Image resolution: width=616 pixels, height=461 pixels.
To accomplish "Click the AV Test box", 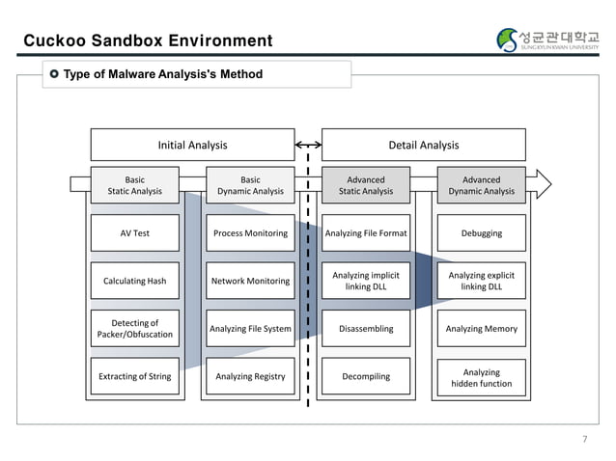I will click(134, 233).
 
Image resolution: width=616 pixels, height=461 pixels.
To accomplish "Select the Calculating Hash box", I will click(134, 281).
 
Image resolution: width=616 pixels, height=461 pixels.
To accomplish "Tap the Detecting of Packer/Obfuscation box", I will click(134, 329).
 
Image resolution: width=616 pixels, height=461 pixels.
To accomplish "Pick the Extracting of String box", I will click(134, 376).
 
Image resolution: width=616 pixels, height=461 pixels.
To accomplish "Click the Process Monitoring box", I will click(250, 233).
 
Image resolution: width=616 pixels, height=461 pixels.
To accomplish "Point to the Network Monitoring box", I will click(250, 281).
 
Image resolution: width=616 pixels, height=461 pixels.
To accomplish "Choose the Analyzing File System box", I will click(250, 329).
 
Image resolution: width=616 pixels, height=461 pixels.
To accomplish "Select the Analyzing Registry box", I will click(250, 376).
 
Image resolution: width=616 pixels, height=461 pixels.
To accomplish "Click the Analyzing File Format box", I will click(366, 233).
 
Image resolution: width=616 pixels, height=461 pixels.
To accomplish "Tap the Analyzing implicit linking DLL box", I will click(366, 281).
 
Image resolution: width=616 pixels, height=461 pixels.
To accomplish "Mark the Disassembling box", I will click(366, 329).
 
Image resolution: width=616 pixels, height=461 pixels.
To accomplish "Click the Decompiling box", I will click(366, 376).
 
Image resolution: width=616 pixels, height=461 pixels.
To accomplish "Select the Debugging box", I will click(481, 233).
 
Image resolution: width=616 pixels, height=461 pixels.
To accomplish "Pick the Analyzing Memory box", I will click(481, 329).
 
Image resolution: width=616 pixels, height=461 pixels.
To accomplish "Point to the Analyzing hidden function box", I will click(481, 377).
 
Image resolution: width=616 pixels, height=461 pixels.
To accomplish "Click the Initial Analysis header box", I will click(192, 146).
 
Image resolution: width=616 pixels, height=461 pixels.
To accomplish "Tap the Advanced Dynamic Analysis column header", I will click(481, 185).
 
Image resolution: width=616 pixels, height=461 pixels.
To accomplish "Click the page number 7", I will click(583, 440).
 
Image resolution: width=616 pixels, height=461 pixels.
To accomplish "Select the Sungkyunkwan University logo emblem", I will click(508, 40).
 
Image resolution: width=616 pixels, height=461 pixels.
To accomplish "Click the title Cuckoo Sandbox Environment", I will click(148, 41).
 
